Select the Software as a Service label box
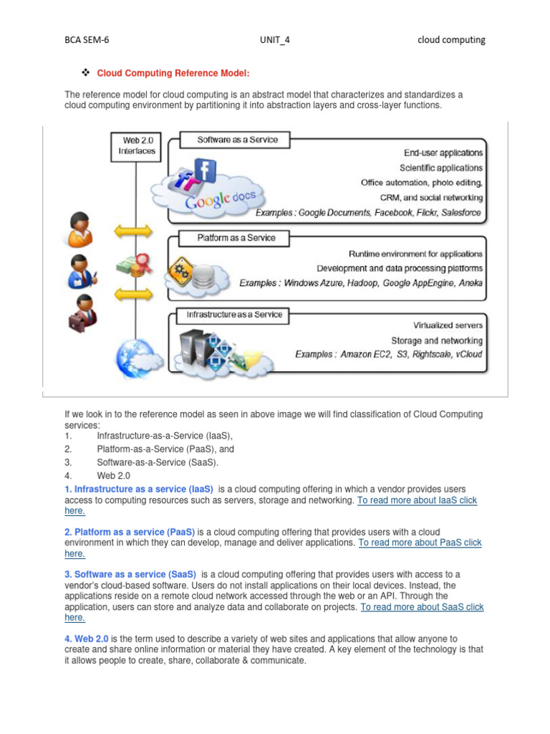tap(238, 140)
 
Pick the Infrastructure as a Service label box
tap(234, 314)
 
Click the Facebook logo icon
tap(205, 173)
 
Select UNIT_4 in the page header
tap(274, 40)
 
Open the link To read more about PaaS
tap(420, 543)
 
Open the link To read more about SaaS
tap(422, 607)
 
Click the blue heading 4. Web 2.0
tap(87, 638)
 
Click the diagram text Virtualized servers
tap(448, 325)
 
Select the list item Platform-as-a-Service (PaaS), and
tap(165, 449)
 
